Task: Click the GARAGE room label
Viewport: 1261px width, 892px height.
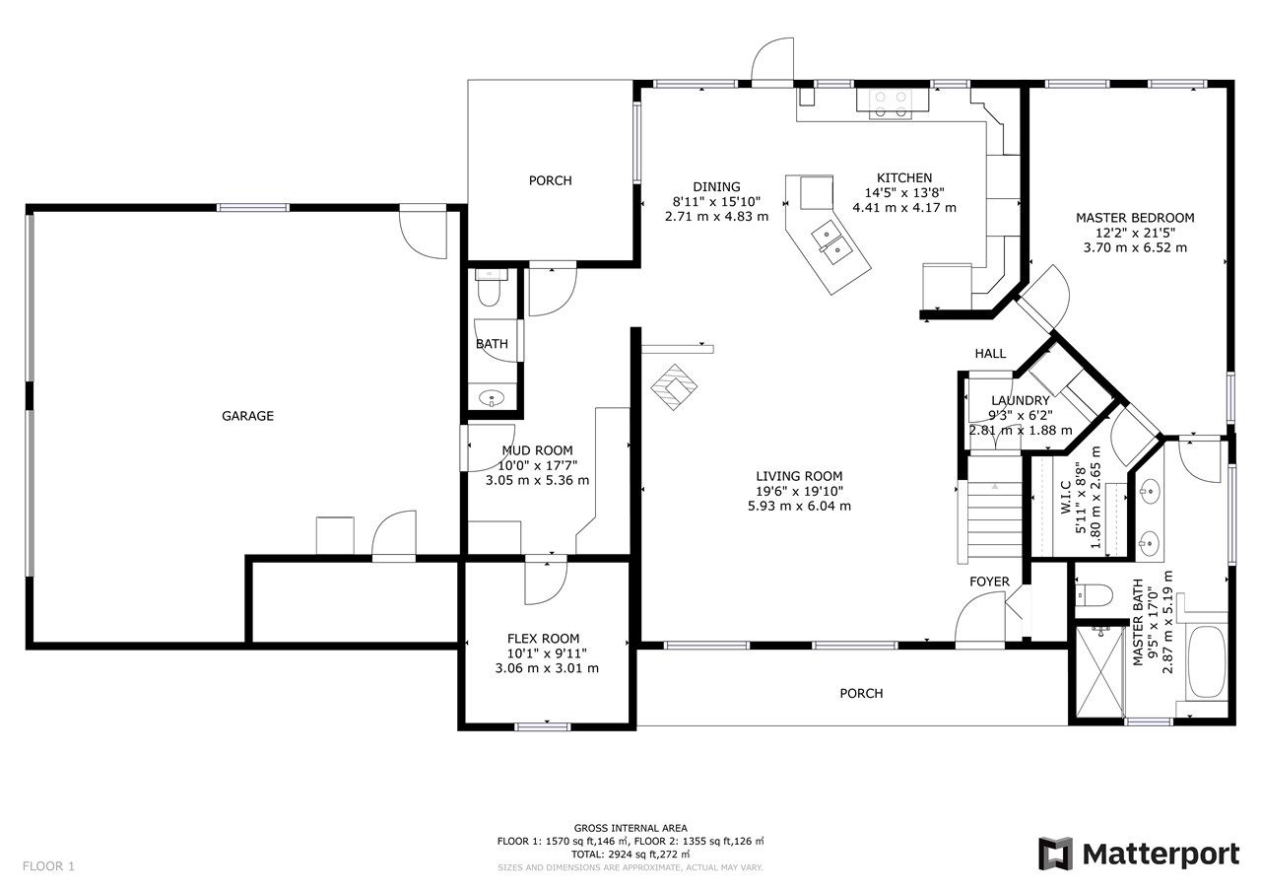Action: point(247,416)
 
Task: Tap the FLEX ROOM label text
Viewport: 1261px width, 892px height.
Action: point(543,639)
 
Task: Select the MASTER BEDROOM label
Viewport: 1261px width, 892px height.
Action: point(1135,218)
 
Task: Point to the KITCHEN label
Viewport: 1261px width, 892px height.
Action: point(904,178)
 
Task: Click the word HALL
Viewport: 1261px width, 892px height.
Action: point(990,354)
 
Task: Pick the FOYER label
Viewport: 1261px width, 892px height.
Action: point(989,582)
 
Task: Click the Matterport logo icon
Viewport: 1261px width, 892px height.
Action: point(1055,854)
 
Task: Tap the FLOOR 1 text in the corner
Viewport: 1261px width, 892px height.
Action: point(48,866)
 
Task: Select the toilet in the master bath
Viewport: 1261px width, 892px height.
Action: point(1094,594)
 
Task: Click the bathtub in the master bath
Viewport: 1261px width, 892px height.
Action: point(1207,661)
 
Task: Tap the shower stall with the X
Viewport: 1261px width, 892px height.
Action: point(1100,672)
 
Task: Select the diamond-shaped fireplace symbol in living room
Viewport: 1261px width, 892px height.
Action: point(674,387)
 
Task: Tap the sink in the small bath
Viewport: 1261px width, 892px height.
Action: point(492,398)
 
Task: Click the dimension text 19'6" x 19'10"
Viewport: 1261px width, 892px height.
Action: point(799,491)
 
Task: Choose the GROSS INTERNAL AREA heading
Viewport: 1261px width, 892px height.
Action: point(630,828)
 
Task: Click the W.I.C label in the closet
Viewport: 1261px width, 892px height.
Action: point(1066,497)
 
